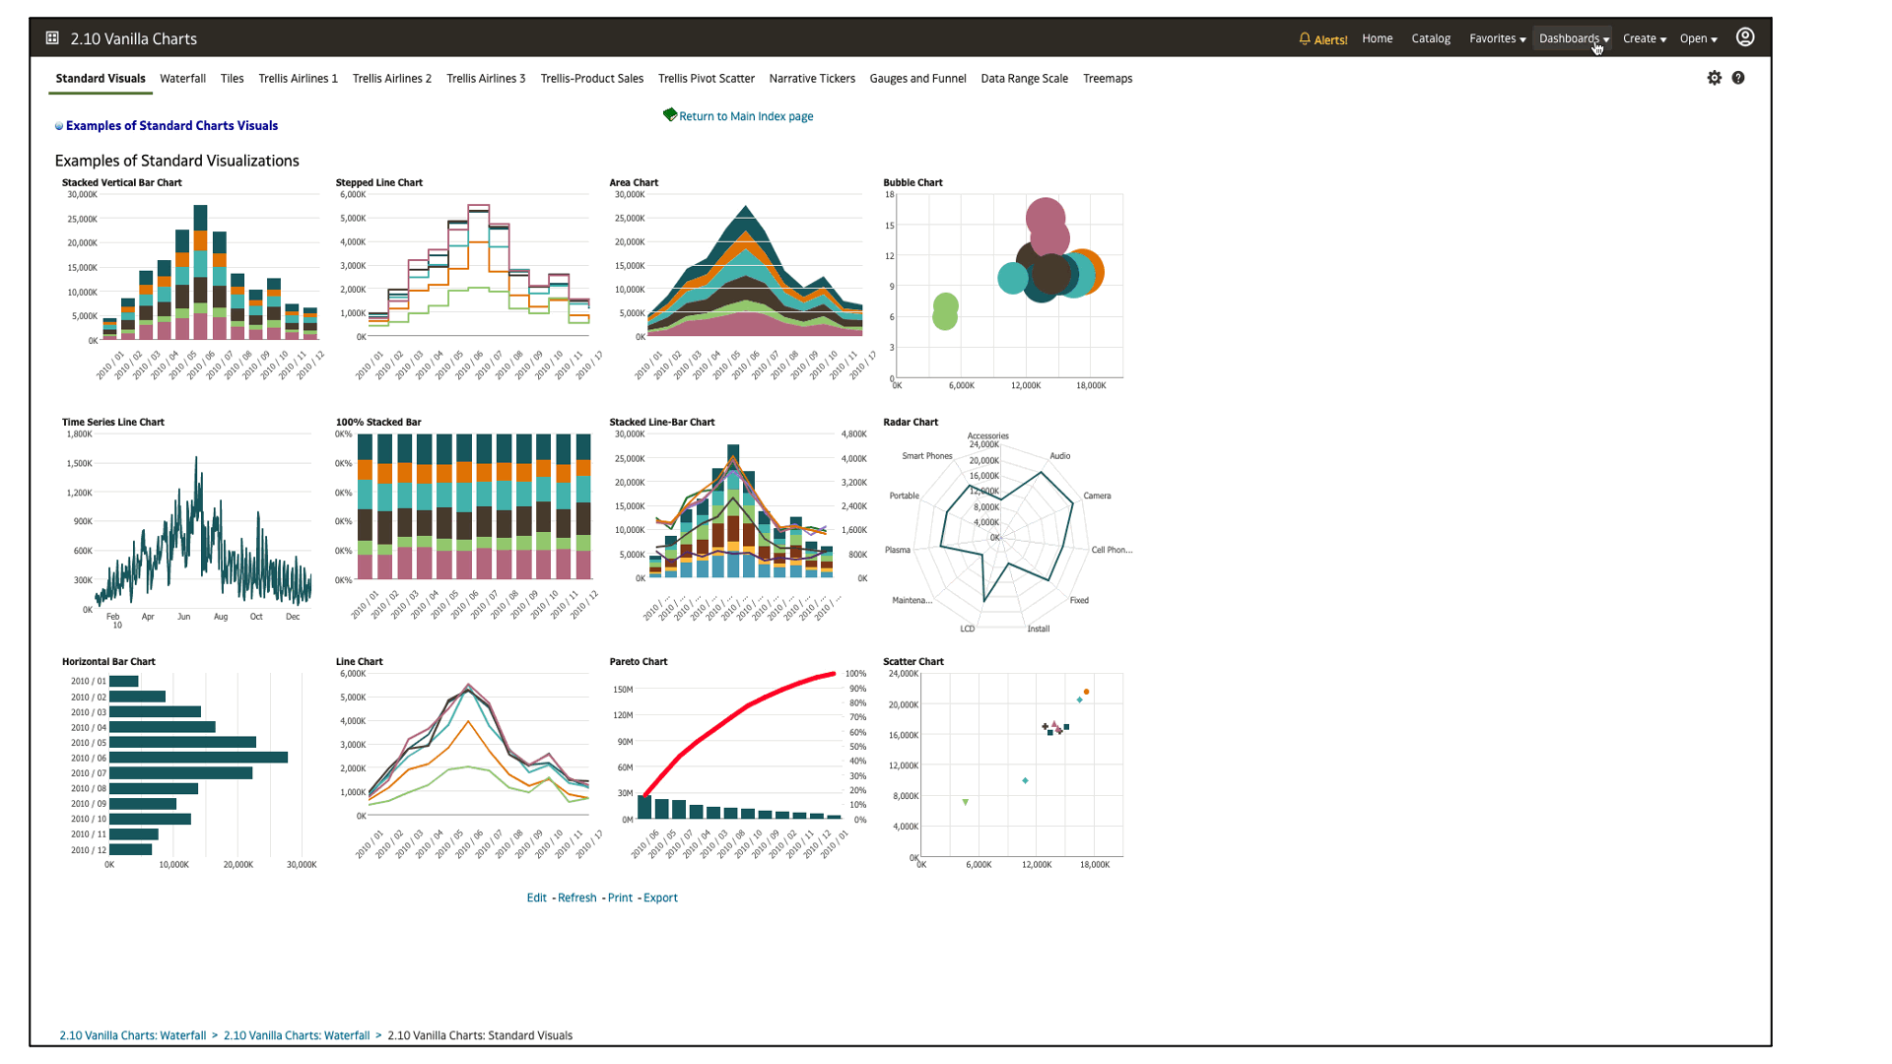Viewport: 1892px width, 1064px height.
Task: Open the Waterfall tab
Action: click(x=182, y=79)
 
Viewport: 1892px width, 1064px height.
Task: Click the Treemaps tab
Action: click(x=1107, y=79)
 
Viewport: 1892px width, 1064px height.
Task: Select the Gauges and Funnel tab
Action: click(x=916, y=79)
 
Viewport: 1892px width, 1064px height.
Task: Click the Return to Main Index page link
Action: click(x=745, y=116)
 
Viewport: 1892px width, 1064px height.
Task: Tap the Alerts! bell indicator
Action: click(x=1322, y=39)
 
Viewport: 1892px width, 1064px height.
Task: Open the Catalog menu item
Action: click(x=1430, y=38)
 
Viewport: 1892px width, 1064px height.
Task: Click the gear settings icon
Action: click(x=1714, y=78)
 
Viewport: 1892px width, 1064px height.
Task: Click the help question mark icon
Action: click(x=1737, y=78)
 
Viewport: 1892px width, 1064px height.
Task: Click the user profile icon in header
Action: click(x=1744, y=37)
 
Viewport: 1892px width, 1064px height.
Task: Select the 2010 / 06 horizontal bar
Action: click(x=197, y=758)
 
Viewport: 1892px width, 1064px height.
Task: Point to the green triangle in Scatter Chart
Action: click(x=965, y=802)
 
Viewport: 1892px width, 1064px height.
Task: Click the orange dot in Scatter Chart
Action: click(x=1086, y=692)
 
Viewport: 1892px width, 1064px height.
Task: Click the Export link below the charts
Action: click(x=659, y=898)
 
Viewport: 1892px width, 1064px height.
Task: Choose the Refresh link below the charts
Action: click(x=576, y=898)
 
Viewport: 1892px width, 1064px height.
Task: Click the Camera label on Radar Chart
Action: click(x=1096, y=496)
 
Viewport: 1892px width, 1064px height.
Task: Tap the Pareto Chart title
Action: click(x=638, y=661)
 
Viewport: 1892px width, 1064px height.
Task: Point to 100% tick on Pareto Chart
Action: click(x=855, y=674)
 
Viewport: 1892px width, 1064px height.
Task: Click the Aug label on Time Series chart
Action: click(x=220, y=617)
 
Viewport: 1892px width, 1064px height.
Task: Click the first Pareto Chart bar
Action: click(x=644, y=806)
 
